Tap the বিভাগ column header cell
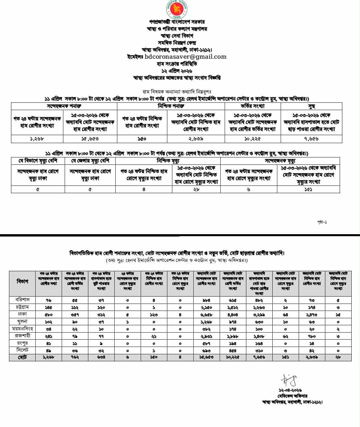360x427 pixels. coord(22,281)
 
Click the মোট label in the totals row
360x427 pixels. coord(22,357)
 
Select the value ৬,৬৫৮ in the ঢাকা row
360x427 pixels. coord(206,314)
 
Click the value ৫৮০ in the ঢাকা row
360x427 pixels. coord(48,314)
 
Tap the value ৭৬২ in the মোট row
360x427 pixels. coord(75,357)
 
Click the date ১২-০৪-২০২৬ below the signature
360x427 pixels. coord(290,390)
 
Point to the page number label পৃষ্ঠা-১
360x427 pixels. coord(322,222)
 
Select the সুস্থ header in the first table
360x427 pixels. coord(311,106)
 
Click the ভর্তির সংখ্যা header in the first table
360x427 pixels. coord(253,106)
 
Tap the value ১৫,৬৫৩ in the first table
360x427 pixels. coord(90,139)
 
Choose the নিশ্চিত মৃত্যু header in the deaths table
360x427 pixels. coord(168,161)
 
